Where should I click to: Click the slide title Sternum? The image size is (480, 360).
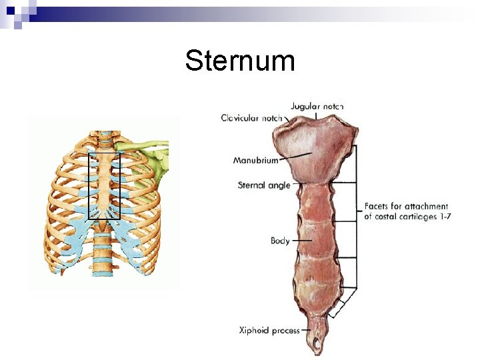coord(240,61)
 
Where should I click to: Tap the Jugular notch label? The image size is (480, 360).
coord(317,107)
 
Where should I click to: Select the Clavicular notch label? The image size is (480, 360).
coord(251,118)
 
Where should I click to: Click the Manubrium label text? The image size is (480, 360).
coord(256,161)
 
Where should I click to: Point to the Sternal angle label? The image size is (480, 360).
coord(264,185)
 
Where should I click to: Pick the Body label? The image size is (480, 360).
coord(280,240)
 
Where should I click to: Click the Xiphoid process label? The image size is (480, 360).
coord(269,330)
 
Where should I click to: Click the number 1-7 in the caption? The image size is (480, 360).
coord(444,217)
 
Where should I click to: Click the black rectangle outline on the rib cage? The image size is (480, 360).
coord(89,187)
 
